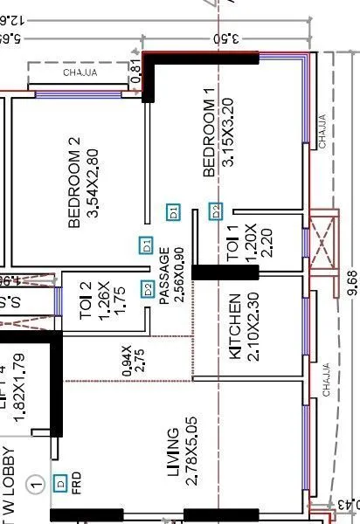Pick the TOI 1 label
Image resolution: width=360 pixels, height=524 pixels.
(232, 244)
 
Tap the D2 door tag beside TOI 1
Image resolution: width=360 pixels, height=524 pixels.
(216, 210)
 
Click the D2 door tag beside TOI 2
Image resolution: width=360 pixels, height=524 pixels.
(148, 289)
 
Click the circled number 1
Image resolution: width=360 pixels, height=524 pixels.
(35, 483)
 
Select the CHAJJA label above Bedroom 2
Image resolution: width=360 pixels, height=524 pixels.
(80, 72)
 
